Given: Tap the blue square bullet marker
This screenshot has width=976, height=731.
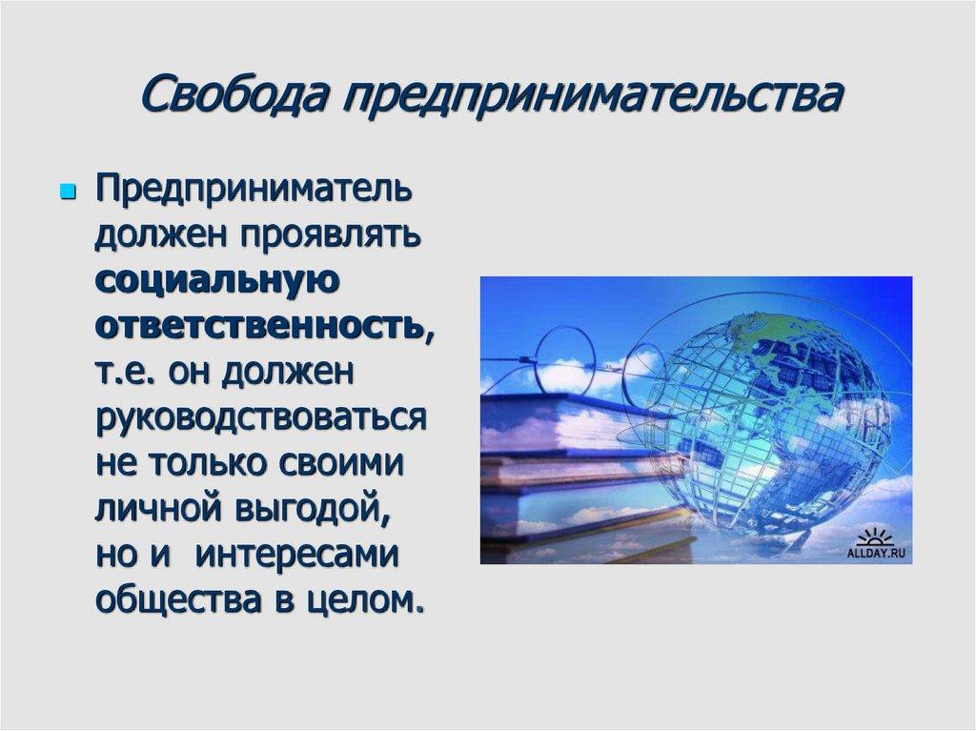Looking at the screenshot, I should coord(68,193).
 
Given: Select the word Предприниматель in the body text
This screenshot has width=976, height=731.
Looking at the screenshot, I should coord(253,189).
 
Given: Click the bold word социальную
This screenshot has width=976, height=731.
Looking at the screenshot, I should coord(216,282).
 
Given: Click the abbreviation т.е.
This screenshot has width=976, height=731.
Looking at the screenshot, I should coord(125,374).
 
